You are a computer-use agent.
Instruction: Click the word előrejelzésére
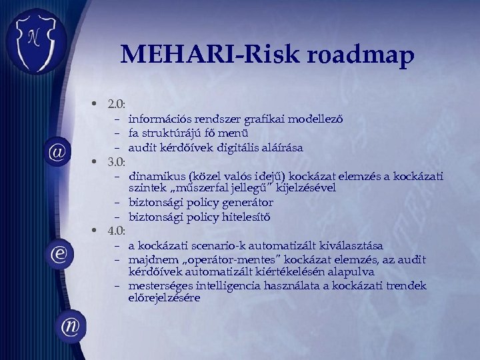tap(164, 298)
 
